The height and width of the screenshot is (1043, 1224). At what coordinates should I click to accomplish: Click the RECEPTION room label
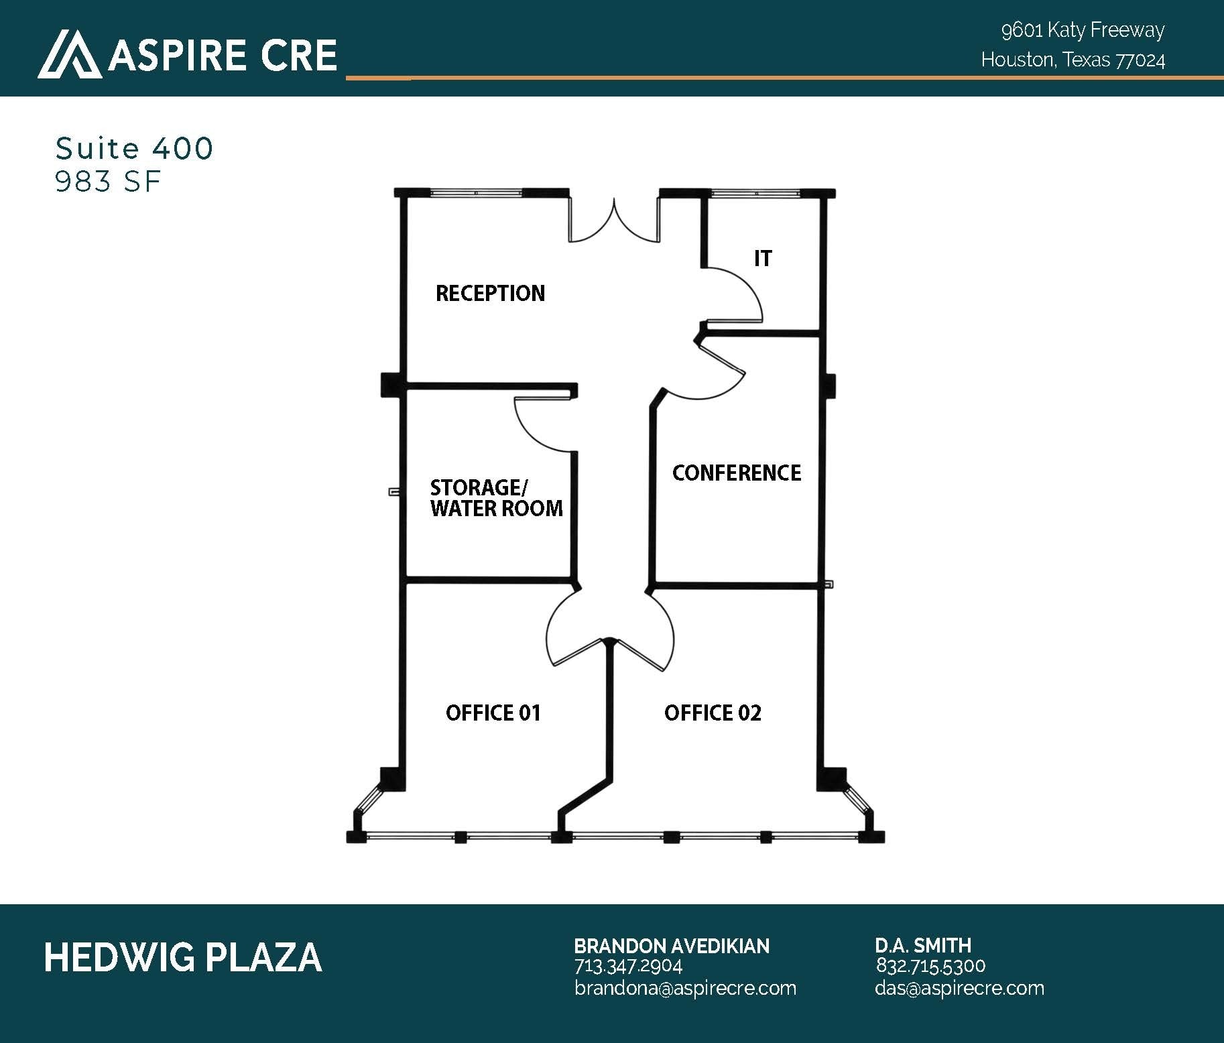coord(490,293)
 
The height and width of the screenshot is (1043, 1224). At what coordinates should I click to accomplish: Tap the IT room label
coord(763,258)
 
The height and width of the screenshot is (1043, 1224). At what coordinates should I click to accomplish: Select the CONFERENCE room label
coord(737,473)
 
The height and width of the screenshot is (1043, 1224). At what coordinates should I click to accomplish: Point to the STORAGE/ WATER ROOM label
coord(496,497)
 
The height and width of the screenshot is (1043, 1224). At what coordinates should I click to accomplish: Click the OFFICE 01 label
coord(493,713)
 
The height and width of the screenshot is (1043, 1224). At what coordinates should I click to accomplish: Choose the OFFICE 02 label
coord(713,713)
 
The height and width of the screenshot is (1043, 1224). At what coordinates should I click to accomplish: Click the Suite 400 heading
coord(134,148)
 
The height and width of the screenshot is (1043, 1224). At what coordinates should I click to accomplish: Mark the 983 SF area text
coord(108,182)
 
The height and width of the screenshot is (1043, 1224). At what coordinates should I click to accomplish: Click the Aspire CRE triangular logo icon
coord(70,54)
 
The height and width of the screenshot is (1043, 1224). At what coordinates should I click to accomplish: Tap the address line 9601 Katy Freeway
coord(1083,30)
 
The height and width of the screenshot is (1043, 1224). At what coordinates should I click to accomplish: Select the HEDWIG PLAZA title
coord(182,957)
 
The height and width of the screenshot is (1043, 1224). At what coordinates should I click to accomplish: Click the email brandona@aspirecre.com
coord(685,988)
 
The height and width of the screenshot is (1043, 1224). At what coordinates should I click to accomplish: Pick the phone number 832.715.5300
coord(930,966)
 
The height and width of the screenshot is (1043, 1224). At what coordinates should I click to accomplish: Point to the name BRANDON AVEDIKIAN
coord(672,946)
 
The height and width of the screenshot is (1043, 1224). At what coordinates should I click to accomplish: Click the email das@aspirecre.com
coord(959,988)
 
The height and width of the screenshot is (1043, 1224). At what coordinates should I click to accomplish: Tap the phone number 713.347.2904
coord(628,966)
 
